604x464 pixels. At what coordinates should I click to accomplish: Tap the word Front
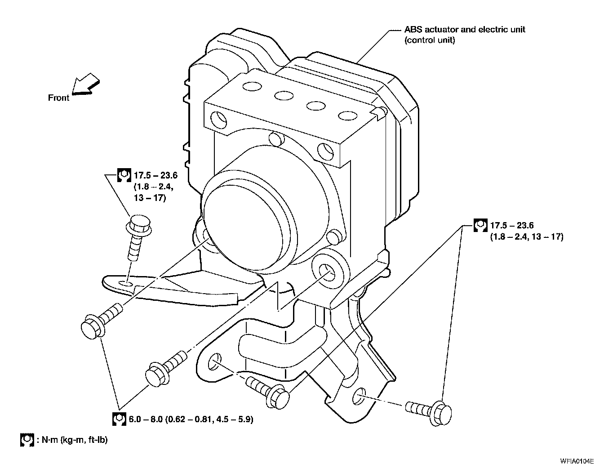point(58,98)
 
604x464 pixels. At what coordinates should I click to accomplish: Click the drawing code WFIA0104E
point(580,460)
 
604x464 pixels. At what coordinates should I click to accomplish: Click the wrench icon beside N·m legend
point(27,440)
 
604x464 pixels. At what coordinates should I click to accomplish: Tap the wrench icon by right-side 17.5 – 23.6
point(480,225)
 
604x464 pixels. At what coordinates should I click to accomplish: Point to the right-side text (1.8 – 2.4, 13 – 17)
point(526,236)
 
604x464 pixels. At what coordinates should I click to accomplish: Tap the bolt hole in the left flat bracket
point(127,283)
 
